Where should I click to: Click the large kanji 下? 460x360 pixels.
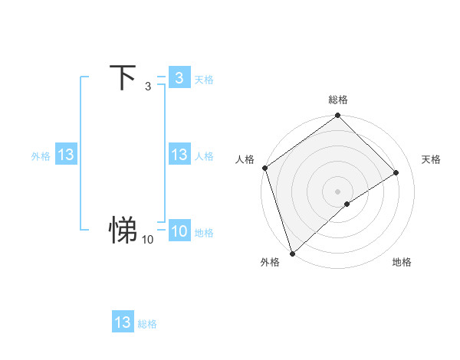click(x=123, y=77)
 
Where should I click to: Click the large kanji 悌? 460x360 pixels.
click(x=123, y=229)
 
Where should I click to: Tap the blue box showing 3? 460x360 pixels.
click(x=179, y=77)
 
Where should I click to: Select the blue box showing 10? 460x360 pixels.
click(x=179, y=231)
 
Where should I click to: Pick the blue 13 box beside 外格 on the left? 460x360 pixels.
click(x=65, y=155)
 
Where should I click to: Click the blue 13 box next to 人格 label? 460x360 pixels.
click(x=179, y=155)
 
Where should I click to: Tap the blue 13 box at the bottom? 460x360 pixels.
click(x=123, y=322)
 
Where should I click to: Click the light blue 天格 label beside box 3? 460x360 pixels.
click(x=204, y=79)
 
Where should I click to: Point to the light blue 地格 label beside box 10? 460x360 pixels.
click(x=204, y=233)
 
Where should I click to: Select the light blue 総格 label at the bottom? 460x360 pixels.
click(x=147, y=324)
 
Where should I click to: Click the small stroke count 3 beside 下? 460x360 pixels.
click(x=147, y=87)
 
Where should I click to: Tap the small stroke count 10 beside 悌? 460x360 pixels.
click(x=147, y=240)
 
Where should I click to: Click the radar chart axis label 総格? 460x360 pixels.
click(x=338, y=100)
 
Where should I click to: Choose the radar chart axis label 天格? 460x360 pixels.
click(x=431, y=159)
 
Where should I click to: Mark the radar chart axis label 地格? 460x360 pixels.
click(x=402, y=263)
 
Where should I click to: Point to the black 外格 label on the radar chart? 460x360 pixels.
click(x=270, y=263)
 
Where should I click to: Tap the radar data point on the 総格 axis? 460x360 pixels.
click(x=338, y=116)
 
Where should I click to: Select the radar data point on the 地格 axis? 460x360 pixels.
click(x=347, y=204)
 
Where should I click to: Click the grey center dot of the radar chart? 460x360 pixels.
click(x=338, y=191)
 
